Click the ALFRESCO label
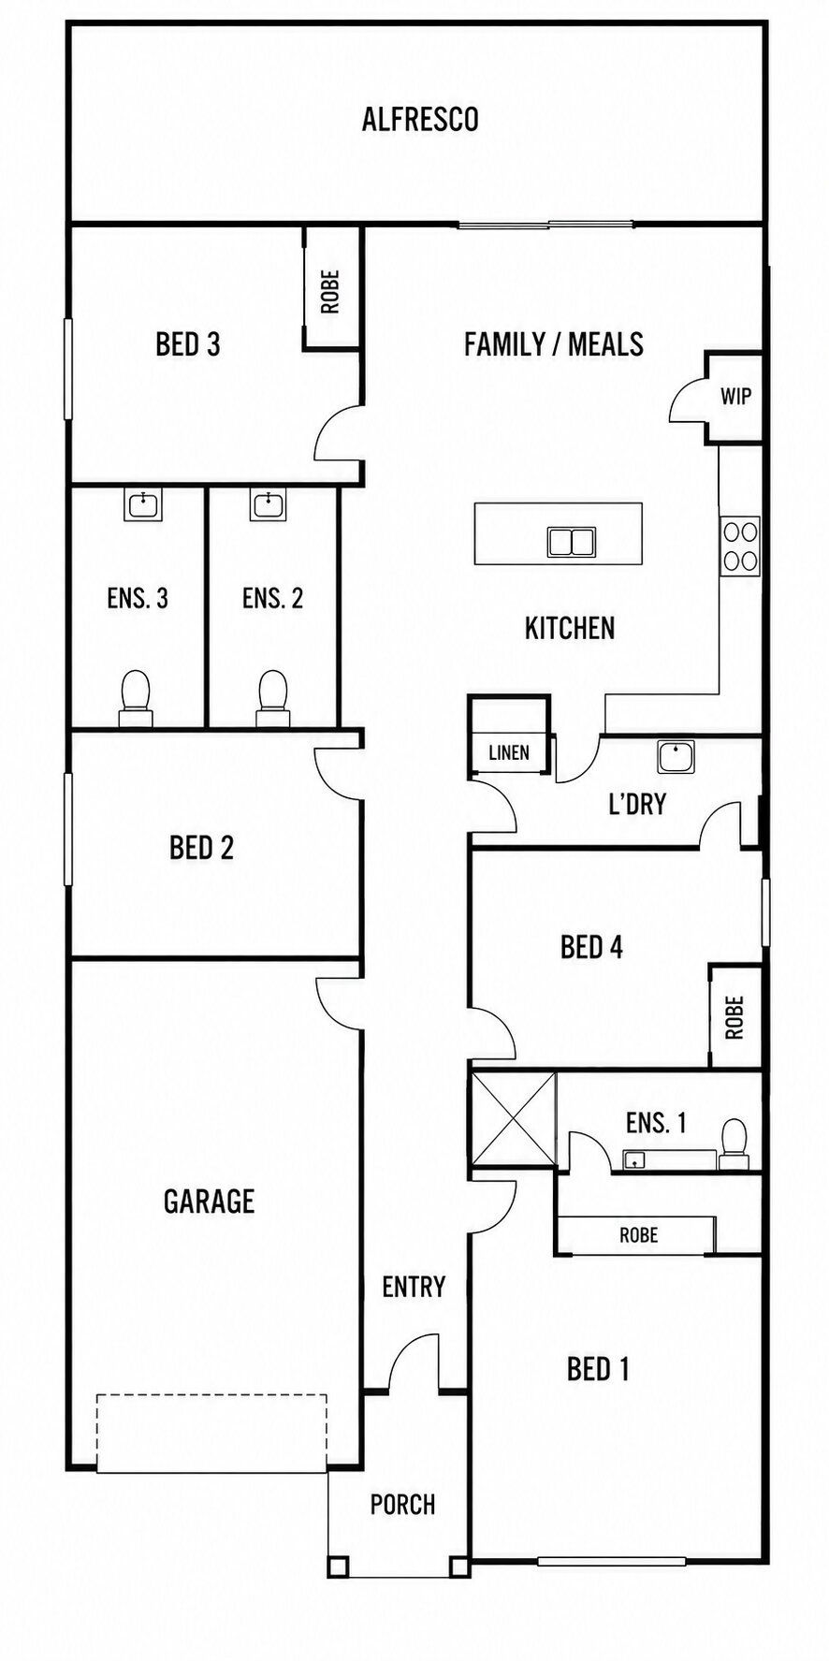[420, 120]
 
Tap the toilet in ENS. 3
[136, 698]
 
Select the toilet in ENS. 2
[272, 698]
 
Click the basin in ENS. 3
[143, 505]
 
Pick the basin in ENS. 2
[269, 505]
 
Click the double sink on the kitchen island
[572, 542]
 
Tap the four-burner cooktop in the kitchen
[740, 546]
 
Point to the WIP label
[735, 397]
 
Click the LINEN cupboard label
[509, 752]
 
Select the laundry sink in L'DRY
[676, 756]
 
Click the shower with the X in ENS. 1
[514, 1118]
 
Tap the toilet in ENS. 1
[734, 1144]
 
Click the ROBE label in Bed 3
[329, 291]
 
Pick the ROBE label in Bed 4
[734, 1017]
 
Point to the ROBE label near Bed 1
[639, 1235]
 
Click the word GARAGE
[209, 1202]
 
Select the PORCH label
[402, 1505]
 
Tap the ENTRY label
[414, 1287]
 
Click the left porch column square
[338, 1566]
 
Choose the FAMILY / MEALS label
[554, 344]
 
